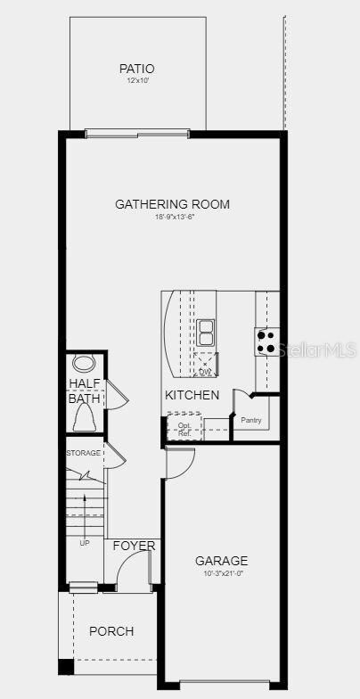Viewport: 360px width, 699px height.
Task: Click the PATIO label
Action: coord(136,69)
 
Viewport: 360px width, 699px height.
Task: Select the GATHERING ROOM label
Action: coord(172,204)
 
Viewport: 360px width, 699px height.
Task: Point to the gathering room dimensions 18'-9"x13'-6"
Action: coord(172,217)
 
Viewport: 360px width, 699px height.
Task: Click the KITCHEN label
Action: coord(192,394)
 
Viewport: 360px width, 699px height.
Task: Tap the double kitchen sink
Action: coord(206,333)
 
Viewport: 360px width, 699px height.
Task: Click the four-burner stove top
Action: coord(266,341)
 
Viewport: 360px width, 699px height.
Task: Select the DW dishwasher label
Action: coord(205,371)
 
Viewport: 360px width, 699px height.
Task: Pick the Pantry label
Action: coord(250,420)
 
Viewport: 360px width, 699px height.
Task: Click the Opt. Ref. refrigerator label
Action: coord(184,429)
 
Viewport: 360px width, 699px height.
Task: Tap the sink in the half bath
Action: coord(84,364)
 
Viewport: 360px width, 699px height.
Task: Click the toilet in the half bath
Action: coord(86,416)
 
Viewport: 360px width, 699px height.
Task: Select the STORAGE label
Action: coord(83,453)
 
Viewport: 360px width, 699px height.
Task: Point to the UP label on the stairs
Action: coord(85,542)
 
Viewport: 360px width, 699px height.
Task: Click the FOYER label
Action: coord(134,546)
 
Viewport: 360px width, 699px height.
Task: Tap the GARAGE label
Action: coord(222,561)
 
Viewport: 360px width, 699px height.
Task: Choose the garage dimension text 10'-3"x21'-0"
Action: coord(222,573)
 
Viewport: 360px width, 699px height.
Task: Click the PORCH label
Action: coord(111,631)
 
